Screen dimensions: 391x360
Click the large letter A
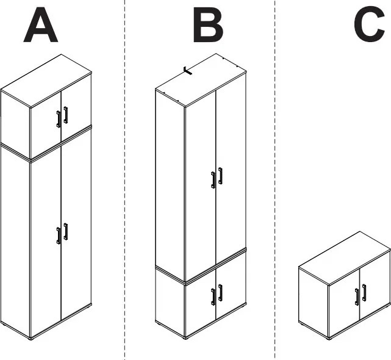coord(41,25)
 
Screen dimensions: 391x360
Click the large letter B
coord(208,25)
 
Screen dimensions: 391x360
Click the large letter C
coord(370,24)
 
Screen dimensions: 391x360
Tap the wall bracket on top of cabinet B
coord(187,71)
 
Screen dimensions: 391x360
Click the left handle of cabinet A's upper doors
coord(59,119)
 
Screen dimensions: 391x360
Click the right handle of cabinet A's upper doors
coord(66,115)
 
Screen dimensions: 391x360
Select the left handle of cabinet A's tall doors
coord(59,236)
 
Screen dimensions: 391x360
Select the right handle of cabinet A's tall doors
coord(66,231)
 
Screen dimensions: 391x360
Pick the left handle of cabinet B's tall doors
coord(213,180)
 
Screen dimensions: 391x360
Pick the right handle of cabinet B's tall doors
coord(220,176)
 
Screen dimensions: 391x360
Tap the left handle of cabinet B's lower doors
coord(213,297)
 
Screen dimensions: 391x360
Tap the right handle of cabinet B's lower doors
coord(220,293)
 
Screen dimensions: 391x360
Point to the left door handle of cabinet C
coord(357,297)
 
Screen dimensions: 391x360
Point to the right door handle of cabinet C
coord(364,293)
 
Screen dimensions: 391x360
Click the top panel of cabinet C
coord(345,258)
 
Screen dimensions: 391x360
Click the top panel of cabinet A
coord(46,81)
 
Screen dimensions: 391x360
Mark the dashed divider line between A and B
coord(124,179)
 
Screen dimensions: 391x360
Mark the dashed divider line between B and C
coord(275,179)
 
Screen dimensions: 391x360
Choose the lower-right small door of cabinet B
coord(231,287)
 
